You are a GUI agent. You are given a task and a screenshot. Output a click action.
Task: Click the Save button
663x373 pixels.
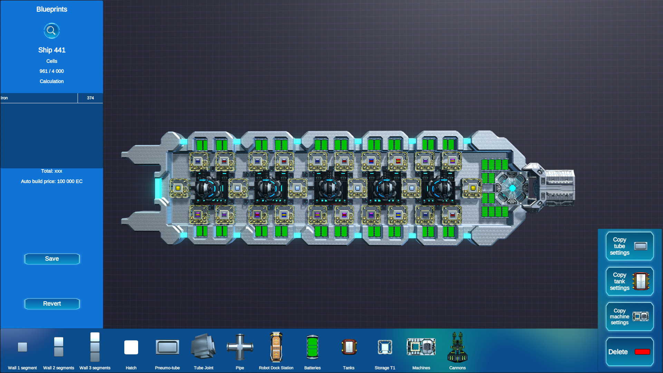(x=52, y=259)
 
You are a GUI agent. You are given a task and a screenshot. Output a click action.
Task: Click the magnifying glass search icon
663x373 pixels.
(x=51, y=31)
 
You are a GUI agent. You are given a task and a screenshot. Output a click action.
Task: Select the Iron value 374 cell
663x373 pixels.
(x=90, y=98)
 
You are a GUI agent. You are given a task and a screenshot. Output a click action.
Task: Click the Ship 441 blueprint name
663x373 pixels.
(x=52, y=50)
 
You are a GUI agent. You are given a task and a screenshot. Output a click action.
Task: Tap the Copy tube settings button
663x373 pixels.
(x=629, y=246)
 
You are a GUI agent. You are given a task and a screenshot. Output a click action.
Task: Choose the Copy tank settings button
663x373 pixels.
(x=629, y=281)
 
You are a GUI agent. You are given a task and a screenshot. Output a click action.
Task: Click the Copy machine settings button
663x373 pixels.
(x=629, y=317)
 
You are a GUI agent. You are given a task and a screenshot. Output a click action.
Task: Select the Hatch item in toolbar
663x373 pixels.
(x=131, y=347)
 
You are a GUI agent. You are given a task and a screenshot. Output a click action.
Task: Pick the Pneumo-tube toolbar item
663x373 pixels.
(x=167, y=347)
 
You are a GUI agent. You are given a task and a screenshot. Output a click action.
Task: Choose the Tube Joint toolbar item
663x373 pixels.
(x=204, y=347)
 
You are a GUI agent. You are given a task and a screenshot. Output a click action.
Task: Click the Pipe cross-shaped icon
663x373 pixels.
(x=240, y=347)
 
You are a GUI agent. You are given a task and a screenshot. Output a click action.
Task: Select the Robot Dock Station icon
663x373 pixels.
(x=276, y=347)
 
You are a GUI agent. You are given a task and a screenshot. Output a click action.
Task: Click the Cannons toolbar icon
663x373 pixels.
(x=458, y=347)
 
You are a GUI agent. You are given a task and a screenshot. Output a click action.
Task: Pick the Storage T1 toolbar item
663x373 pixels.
(x=385, y=347)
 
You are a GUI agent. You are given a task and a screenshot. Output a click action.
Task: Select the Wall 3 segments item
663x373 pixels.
(x=95, y=347)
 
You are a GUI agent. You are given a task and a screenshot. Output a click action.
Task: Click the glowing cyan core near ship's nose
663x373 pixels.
(x=512, y=188)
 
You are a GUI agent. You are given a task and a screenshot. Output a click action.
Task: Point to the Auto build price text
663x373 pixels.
(x=52, y=181)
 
